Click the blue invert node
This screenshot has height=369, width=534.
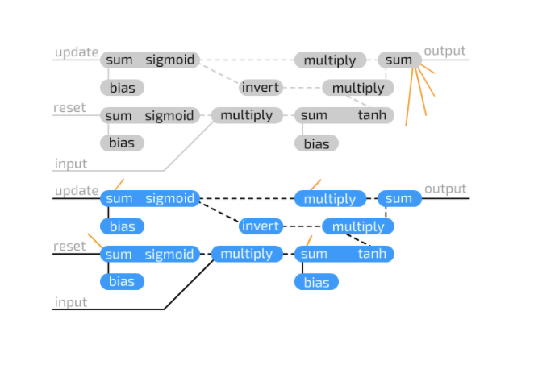point(261,226)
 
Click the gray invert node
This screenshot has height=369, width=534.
point(261,88)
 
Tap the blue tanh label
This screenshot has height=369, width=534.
point(372,255)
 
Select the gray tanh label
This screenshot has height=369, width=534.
point(372,116)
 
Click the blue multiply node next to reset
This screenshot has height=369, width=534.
point(246,255)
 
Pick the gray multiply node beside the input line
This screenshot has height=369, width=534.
point(246,116)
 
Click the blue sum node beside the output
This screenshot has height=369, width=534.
point(398,199)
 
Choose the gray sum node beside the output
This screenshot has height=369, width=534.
point(398,60)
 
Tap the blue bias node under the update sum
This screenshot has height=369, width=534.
point(122,226)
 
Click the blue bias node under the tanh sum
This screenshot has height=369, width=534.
point(316,282)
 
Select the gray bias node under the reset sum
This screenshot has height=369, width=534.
point(122,143)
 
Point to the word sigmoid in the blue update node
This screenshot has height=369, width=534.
point(169,199)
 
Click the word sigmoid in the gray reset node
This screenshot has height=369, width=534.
point(169,116)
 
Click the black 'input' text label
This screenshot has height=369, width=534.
point(70,303)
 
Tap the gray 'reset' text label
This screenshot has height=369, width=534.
point(69,108)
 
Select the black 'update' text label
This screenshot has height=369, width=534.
point(76,191)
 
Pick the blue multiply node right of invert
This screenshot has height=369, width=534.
point(358,226)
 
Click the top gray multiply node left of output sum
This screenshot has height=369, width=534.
point(330,60)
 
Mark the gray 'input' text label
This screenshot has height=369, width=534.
point(70,164)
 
